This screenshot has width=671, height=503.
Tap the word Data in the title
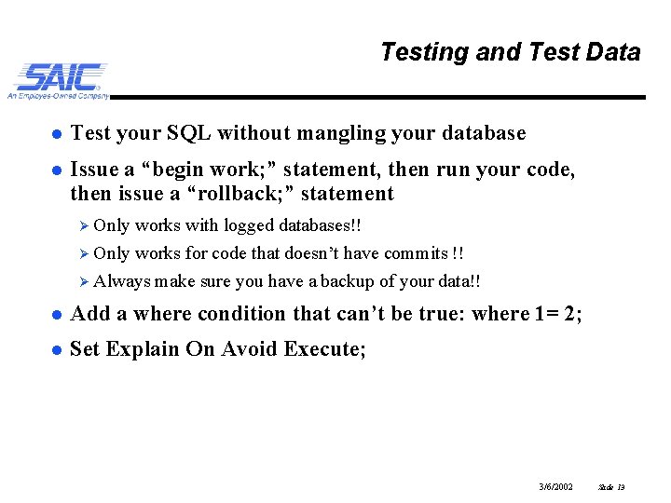coord(611,52)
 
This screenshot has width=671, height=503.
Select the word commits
coord(413,253)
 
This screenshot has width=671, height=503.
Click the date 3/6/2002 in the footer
coord(556,487)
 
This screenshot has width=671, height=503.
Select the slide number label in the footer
coord(611,487)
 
